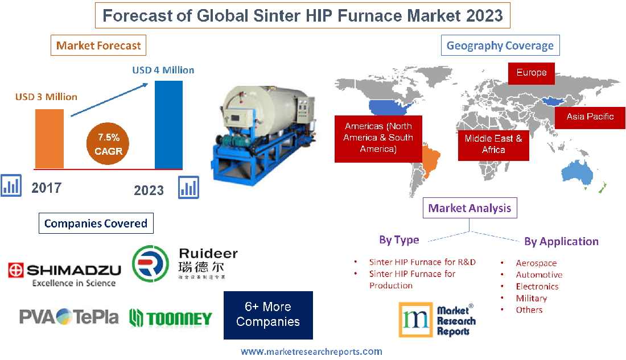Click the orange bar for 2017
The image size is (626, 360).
pos(50,138)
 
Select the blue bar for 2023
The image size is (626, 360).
pos(168,124)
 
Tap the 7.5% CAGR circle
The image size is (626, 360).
pos(108,144)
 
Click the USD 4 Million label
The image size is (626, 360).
pos(163,70)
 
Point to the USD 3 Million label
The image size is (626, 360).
pos(46,97)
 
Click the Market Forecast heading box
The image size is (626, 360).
pos(98,45)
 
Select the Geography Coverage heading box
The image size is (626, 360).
pos(500,45)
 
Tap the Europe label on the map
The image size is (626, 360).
pos(531,73)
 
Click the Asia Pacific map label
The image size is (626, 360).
pos(590,117)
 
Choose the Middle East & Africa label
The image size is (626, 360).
pos(493,144)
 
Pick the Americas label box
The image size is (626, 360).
pos(378,138)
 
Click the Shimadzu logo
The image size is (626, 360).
pos(64,273)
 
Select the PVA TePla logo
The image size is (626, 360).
pos(69,316)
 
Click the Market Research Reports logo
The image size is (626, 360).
pos(437,321)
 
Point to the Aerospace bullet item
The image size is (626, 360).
pos(536,263)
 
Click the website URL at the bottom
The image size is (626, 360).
pos(311,351)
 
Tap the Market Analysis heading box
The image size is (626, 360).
pos(469,208)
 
